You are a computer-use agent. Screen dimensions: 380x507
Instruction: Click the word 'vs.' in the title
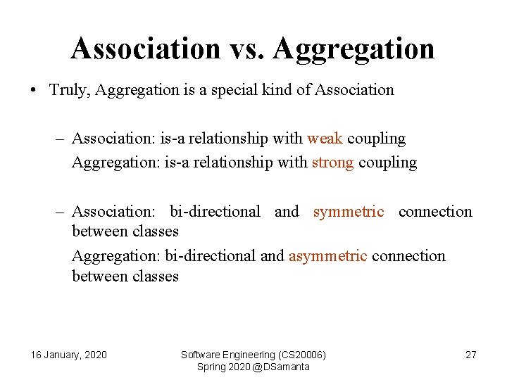pyautogui.click(x=246, y=49)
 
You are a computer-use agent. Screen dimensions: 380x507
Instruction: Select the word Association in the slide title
pyautogui.click(x=146, y=49)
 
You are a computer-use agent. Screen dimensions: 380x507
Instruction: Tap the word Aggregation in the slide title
pyautogui.click(x=353, y=49)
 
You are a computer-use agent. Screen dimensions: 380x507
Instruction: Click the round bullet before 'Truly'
pyautogui.click(x=33, y=91)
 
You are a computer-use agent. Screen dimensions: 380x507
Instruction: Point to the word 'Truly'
pyautogui.click(x=69, y=90)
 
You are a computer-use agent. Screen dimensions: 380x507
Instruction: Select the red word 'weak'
pyautogui.click(x=325, y=139)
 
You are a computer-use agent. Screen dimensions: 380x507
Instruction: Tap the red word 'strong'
pyautogui.click(x=332, y=163)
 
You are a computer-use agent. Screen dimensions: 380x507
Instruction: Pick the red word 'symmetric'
pyautogui.click(x=349, y=211)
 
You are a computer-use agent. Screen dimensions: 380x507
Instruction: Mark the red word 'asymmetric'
pyautogui.click(x=327, y=255)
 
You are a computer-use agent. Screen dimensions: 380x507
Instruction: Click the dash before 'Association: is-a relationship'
pyautogui.click(x=61, y=139)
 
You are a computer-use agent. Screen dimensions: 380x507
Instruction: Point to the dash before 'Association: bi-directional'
pyautogui.click(x=61, y=212)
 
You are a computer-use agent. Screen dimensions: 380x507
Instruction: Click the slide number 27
pyautogui.click(x=471, y=355)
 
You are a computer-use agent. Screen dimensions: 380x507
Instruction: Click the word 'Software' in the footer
pyautogui.click(x=201, y=355)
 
